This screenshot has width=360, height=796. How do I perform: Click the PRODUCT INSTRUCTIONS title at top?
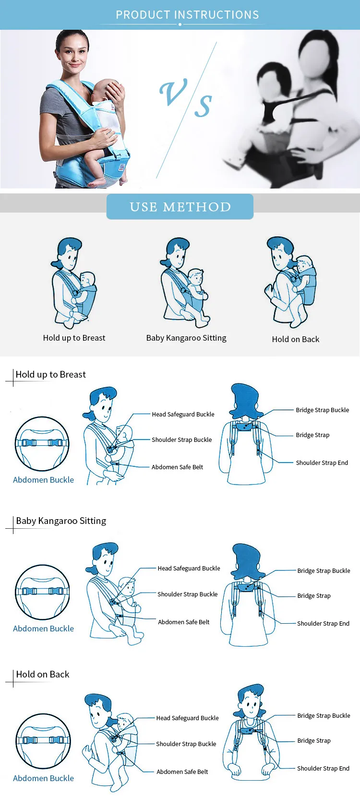point(187,14)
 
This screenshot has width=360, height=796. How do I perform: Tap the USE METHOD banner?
point(180,206)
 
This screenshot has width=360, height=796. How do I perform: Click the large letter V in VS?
point(173,93)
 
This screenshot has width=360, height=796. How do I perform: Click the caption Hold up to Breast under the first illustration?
point(74,338)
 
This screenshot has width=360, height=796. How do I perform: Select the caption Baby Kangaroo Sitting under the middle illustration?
point(186,338)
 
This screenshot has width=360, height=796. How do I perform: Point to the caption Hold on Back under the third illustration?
point(295,339)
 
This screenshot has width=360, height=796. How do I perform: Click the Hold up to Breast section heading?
point(51,374)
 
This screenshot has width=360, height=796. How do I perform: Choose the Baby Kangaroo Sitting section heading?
point(61,521)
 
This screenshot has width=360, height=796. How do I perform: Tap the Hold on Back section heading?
point(43,674)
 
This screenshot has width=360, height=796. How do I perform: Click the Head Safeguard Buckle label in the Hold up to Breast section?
point(183,414)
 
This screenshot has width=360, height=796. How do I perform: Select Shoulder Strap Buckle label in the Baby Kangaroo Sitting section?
point(187,594)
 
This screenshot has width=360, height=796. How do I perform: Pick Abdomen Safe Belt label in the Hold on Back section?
point(182,772)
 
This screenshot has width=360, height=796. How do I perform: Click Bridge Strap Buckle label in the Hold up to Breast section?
point(323,410)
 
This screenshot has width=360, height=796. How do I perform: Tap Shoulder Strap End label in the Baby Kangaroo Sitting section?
point(323,623)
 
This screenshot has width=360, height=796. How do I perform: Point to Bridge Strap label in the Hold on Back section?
point(314,740)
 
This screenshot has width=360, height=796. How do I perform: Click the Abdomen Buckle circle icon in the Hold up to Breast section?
point(42,443)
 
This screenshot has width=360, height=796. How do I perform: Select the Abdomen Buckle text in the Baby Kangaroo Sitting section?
point(43,628)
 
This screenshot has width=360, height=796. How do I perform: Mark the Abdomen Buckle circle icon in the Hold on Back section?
point(43,741)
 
